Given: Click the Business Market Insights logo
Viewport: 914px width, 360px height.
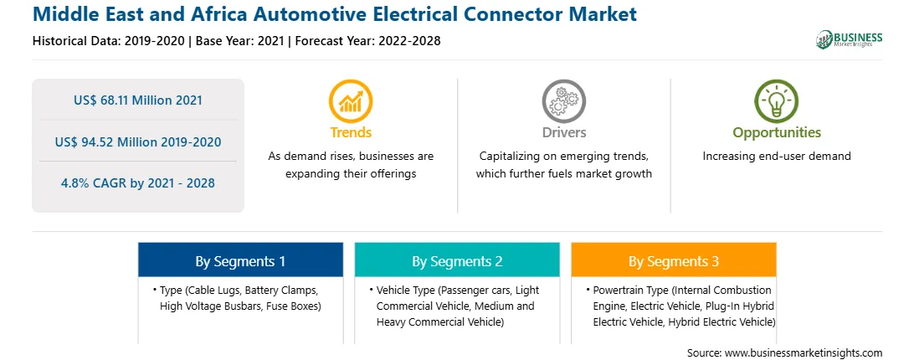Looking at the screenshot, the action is click(850, 39).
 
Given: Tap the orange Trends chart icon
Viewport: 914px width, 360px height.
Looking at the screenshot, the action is click(351, 101).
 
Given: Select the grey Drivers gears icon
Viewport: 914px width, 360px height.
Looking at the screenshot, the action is click(563, 101).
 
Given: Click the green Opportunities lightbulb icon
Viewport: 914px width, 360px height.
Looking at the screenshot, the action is click(777, 101).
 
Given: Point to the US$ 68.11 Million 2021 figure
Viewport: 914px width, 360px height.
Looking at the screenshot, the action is click(138, 100).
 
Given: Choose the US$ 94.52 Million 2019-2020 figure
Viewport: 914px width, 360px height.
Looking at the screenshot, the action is click(138, 141).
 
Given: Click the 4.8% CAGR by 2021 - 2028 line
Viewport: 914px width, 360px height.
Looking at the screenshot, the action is click(138, 183).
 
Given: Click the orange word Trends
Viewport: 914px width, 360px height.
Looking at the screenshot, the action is click(351, 132).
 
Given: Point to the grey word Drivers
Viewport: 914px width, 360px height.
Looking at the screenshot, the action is click(563, 132).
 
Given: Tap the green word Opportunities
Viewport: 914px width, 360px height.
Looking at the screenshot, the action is click(777, 132).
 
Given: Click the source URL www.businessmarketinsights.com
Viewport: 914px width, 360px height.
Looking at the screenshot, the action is click(804, 353).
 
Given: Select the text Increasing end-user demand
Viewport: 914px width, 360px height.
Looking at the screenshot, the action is click(777, 156).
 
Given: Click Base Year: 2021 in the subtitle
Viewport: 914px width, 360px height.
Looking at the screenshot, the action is click(240, 41).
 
